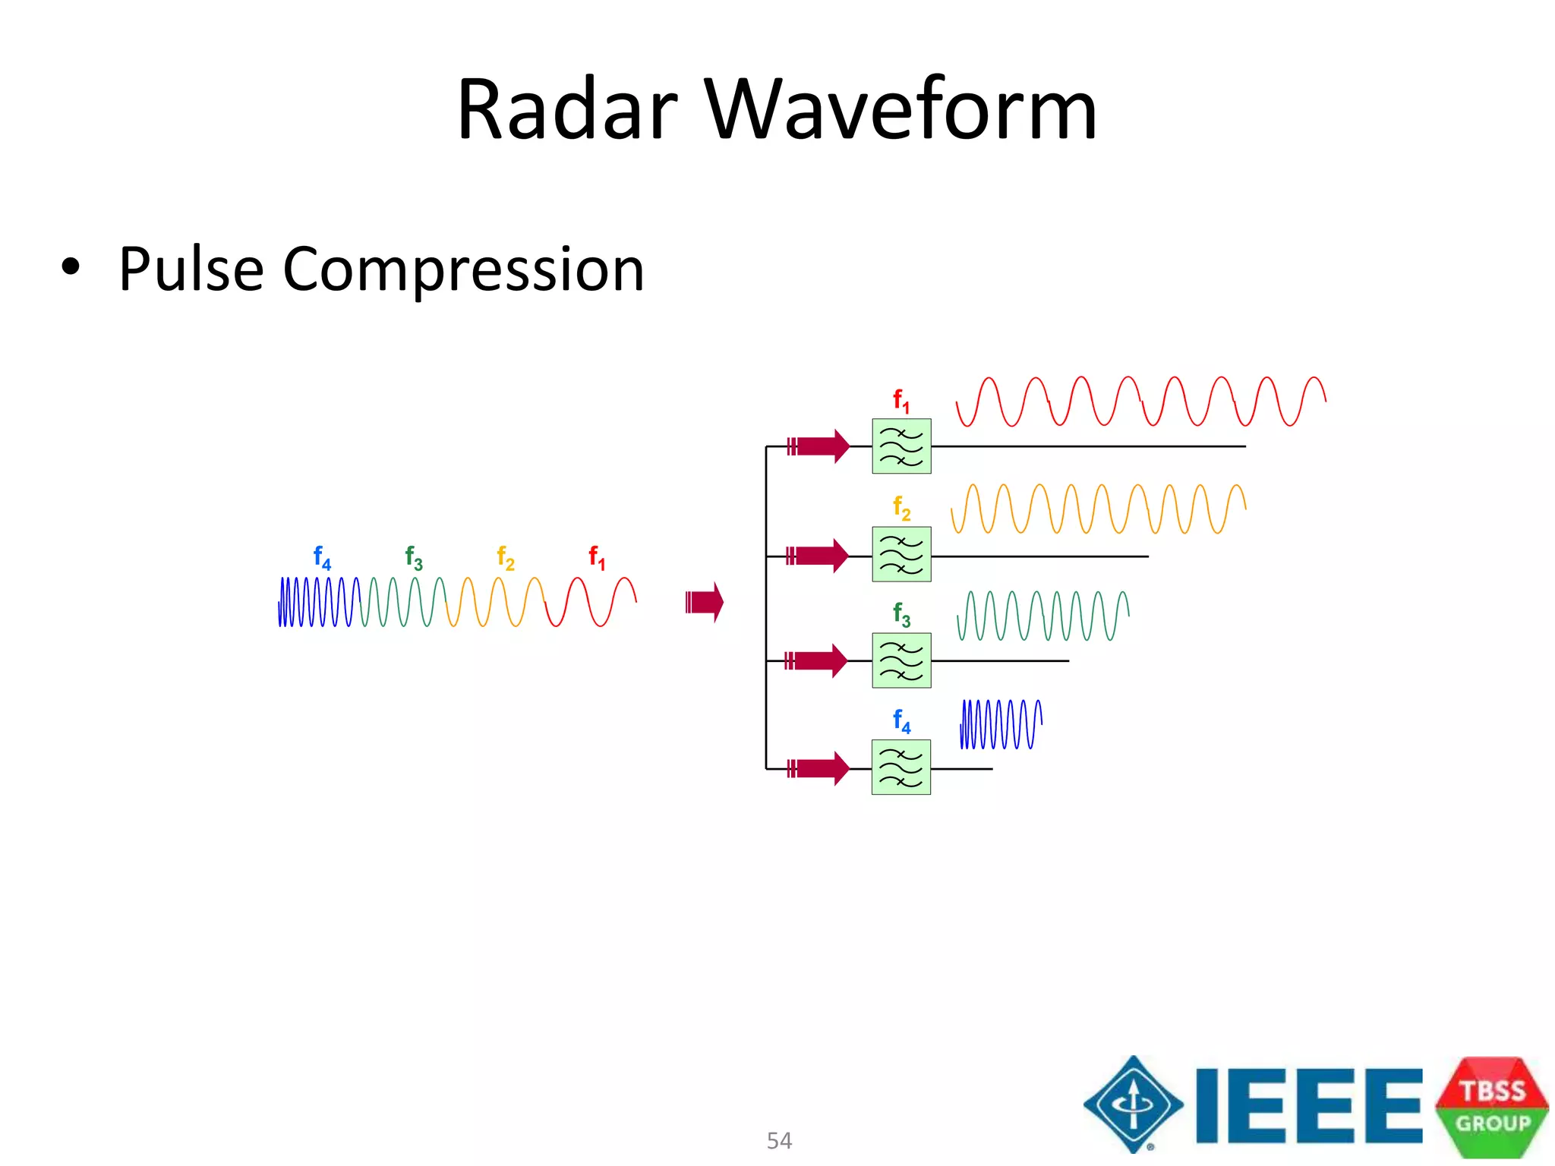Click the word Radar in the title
566,110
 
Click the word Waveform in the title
901,110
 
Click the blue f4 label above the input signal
322,558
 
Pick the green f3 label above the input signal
414,558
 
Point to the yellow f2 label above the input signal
506,558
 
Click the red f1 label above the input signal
598,558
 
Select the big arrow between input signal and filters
705,602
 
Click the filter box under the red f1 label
901,446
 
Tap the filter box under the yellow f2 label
901,555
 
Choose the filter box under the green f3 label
901,660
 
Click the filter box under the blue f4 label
901,768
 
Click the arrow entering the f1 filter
819,446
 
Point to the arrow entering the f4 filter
819,768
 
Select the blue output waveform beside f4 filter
1001,724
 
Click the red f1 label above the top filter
901,400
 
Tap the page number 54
779,1140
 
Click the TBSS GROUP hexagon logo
1492,1107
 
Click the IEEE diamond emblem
1134,1105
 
